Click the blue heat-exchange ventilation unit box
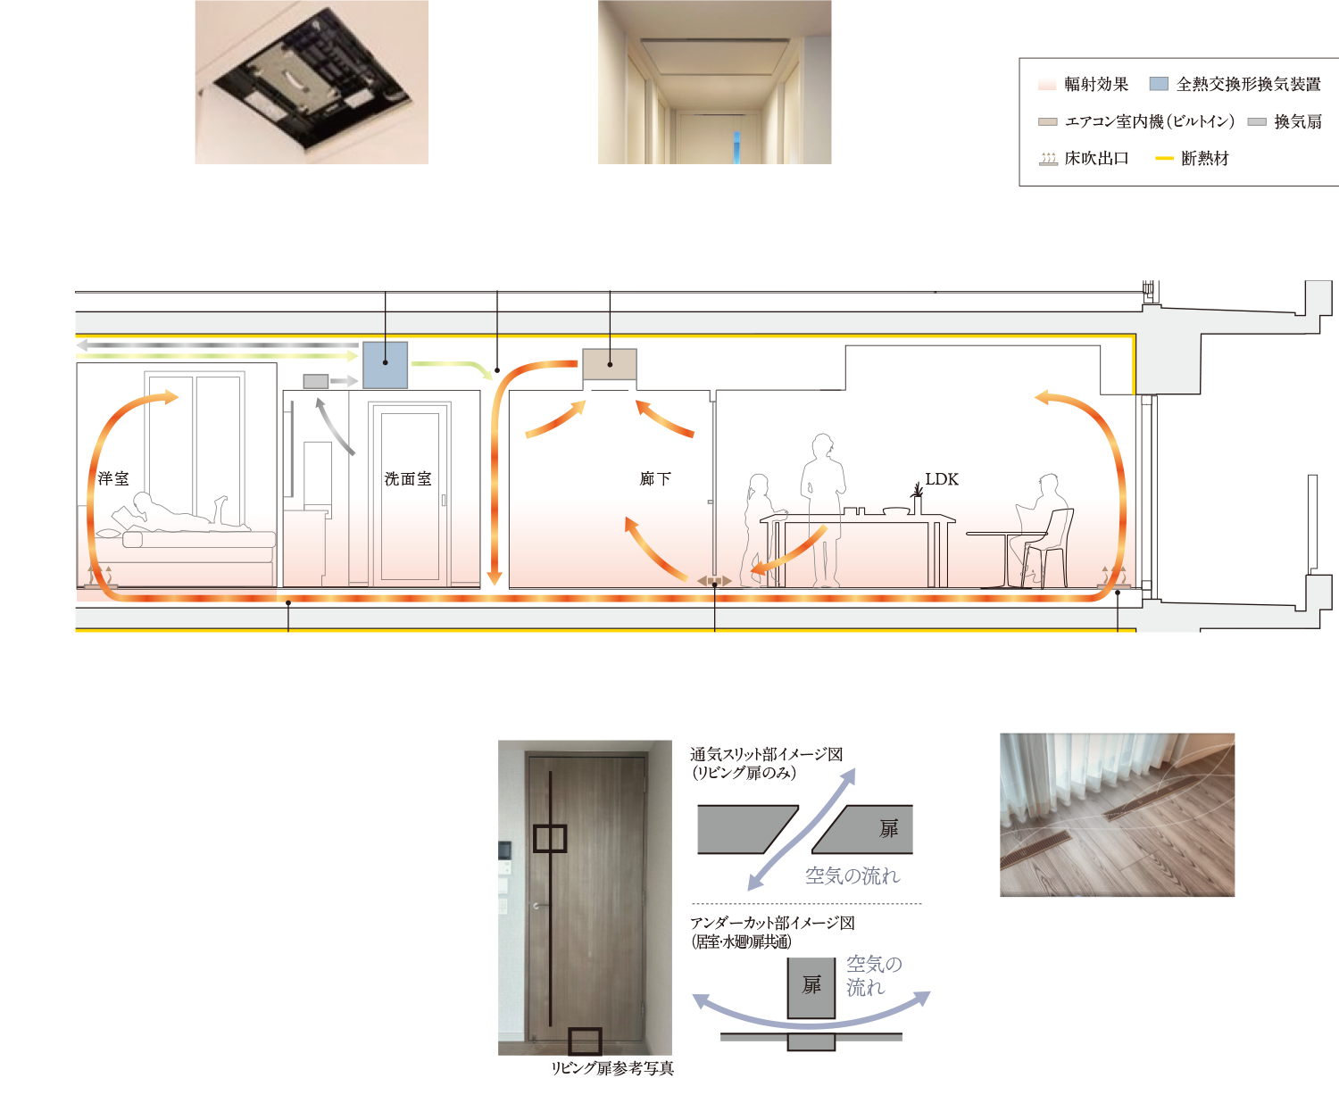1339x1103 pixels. (385, 365)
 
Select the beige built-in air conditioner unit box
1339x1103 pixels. (610, 365)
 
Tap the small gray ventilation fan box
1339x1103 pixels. (315, 381)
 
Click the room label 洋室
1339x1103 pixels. (113, 479)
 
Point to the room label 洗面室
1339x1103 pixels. (408, 479)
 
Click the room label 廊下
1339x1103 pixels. (655, 479)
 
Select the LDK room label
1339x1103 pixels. (942, 479)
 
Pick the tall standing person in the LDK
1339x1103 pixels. (822, 509)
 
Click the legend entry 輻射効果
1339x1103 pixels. (1084, 84)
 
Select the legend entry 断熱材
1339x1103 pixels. (1193, 159)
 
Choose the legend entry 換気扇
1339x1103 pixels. (1285, 121)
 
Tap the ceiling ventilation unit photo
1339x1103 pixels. (312, 82)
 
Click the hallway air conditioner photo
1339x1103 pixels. (714, 82)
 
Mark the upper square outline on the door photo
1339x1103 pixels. (550, 838)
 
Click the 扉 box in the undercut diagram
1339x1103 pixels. (811, 986)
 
